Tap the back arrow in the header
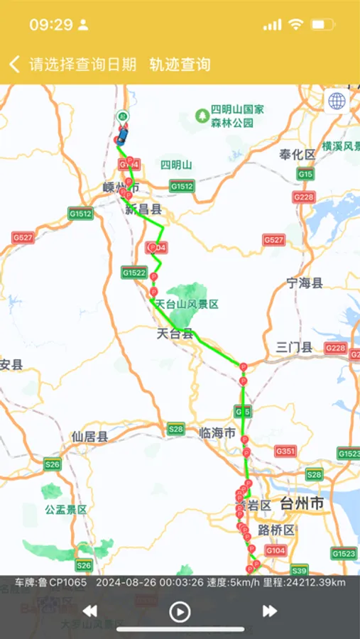click(x=14, y=65)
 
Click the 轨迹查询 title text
click(x=180, y=65)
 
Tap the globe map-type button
click(x=337, y=101)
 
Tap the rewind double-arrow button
click(x=90, y=611)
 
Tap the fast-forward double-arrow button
click(x=270, y=611)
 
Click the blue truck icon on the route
click(x=123, y=133)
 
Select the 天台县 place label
click(x=175, y=333)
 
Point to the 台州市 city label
click(x=302, y=504)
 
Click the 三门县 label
click(x=294, y=347)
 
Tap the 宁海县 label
click(x=305, y=283)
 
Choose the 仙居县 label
click(x=89, y=437)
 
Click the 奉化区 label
click(x=297, y=154)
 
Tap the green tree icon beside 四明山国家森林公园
click(x=202, y=114)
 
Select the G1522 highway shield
click(x=133, y=272)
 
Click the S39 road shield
click(x=299, y=570)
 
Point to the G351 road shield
click(x=285, y=451)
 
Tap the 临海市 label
click(x=217, y=433)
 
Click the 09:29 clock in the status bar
click(x=51, y=25)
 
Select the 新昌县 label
click(x=143, y=209)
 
